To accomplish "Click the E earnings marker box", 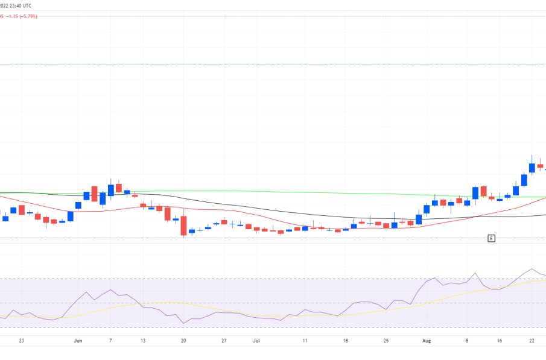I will click(491, 239).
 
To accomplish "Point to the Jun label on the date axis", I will click(78, 340).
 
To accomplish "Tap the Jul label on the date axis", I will click(256, 340).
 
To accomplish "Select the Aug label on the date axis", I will click(427, 340).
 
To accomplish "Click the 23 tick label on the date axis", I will click(21, 340).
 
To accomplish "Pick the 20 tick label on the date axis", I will click(183, 340).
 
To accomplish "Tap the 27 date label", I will click(224, 340).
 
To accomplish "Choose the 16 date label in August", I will click(500, 340).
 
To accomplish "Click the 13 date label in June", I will click(143, 340).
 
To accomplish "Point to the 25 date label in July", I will click(386, 340).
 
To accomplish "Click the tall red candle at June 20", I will click(183, 226).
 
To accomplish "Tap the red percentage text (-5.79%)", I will click(27, 16).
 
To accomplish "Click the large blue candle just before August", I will click(419, 219).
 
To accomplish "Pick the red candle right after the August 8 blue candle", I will click(483, 191).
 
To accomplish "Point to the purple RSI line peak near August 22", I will click(532, 270).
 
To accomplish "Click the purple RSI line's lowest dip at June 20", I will click(183, 323).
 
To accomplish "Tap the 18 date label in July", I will click(346, 340).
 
